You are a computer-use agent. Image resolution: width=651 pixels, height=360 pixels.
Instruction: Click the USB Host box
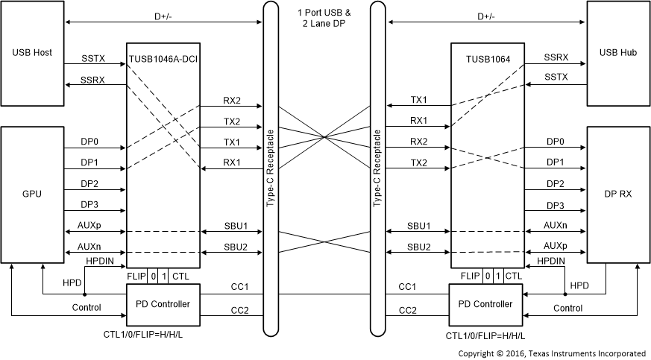pyautogui.click(x=32, y=54)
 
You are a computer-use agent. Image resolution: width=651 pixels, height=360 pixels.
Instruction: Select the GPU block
pyautogui.click(x=32, y=194)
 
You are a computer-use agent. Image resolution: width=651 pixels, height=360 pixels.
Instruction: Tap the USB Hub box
pyautogui.click(x=617, y=54)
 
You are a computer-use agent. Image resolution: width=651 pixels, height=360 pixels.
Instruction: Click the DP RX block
pyautogui.click(x=617, y=194)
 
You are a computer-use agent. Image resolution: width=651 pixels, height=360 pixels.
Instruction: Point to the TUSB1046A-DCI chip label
pyautogui.click(x=163, y=57)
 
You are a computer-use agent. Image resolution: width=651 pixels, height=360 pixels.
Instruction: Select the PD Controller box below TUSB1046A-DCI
pyautogui.click(x=163, y=303)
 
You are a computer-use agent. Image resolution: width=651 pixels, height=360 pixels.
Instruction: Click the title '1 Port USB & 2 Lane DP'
pyautogui.click(x=324, y=18)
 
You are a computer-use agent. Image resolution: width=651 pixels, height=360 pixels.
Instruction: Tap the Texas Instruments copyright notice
pyautogui.click(x=552, y=353)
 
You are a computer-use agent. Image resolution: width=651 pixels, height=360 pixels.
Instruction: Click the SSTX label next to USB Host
pyautogui.click(x=95, y=57)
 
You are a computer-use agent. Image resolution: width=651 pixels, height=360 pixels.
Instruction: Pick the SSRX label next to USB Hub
pyautogui.click(x=556, y=57)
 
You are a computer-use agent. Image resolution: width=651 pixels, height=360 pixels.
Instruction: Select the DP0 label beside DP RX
pyautogui.click(x=556, y=142)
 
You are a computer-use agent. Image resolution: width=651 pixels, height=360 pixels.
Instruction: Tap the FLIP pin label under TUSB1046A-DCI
pyautogui.click(x=136, y=277)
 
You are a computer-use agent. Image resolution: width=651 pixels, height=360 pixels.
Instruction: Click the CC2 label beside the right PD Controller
pyautogui.click(x=407, y=310)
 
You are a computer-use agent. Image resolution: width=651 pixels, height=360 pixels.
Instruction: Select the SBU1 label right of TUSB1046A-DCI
pyautogui.click(x=236, y=225)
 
